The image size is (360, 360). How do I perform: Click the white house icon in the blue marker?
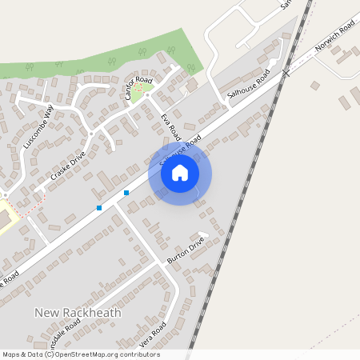(x=180, y=173)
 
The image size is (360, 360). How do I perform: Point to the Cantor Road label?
(x=138, y=88)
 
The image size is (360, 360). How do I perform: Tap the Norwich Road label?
(x=334, y=38)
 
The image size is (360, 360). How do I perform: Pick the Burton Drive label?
(x=186, y=250)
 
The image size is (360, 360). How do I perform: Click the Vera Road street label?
(x=152, y=335)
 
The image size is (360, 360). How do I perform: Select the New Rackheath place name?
(x=78, y=312)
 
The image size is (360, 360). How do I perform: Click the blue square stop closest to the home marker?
(x=126, y=193)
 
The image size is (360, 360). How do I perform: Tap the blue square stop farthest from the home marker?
(x=99, y=208)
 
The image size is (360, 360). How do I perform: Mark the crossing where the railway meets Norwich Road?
(x=286, y=73)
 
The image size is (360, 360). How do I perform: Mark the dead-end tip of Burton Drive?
(x=203, y=237)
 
